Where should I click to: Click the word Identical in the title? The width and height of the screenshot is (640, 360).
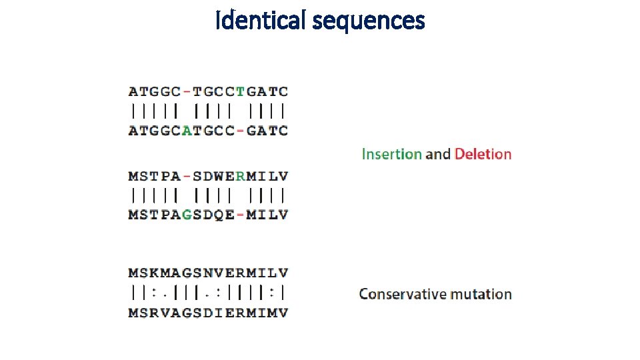pyautogui.click(x=260, y=21)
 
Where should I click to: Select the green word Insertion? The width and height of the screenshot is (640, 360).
pyautogui.click(x=391, y=154)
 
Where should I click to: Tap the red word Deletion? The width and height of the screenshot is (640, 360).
pyautogui.click(x=483, y=154)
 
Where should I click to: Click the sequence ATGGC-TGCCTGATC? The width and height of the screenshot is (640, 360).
pyautogui.click(x=208, y=91)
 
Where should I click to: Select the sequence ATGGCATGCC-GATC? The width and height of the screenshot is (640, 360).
pyautogui.click(x=208, y=130)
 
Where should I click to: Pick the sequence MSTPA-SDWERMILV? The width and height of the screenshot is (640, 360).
pyautogui.click(x=208, y=177)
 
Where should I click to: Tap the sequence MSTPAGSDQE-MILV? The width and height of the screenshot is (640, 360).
pyautogui.click(x=208, y=215)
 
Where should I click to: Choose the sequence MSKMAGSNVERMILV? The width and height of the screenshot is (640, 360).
pyautogui.click(x=208, y=273)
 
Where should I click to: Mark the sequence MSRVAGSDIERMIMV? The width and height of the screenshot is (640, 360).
pyautogui.click(x=208, y=312)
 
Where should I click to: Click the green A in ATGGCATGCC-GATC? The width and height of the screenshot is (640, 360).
pyautogui.click(x=187, y=130)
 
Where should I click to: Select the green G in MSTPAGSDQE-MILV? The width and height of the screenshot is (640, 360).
pyautogui.click(x=187, y=215)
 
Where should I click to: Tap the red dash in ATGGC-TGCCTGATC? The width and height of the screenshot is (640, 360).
pyautogui.click(x=187, y=91)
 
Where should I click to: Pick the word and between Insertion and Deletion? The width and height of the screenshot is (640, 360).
pyautogui.click(x=438, y=154)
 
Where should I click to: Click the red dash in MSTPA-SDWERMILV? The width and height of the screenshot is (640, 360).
pyautogui.click(x=187, y=177)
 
